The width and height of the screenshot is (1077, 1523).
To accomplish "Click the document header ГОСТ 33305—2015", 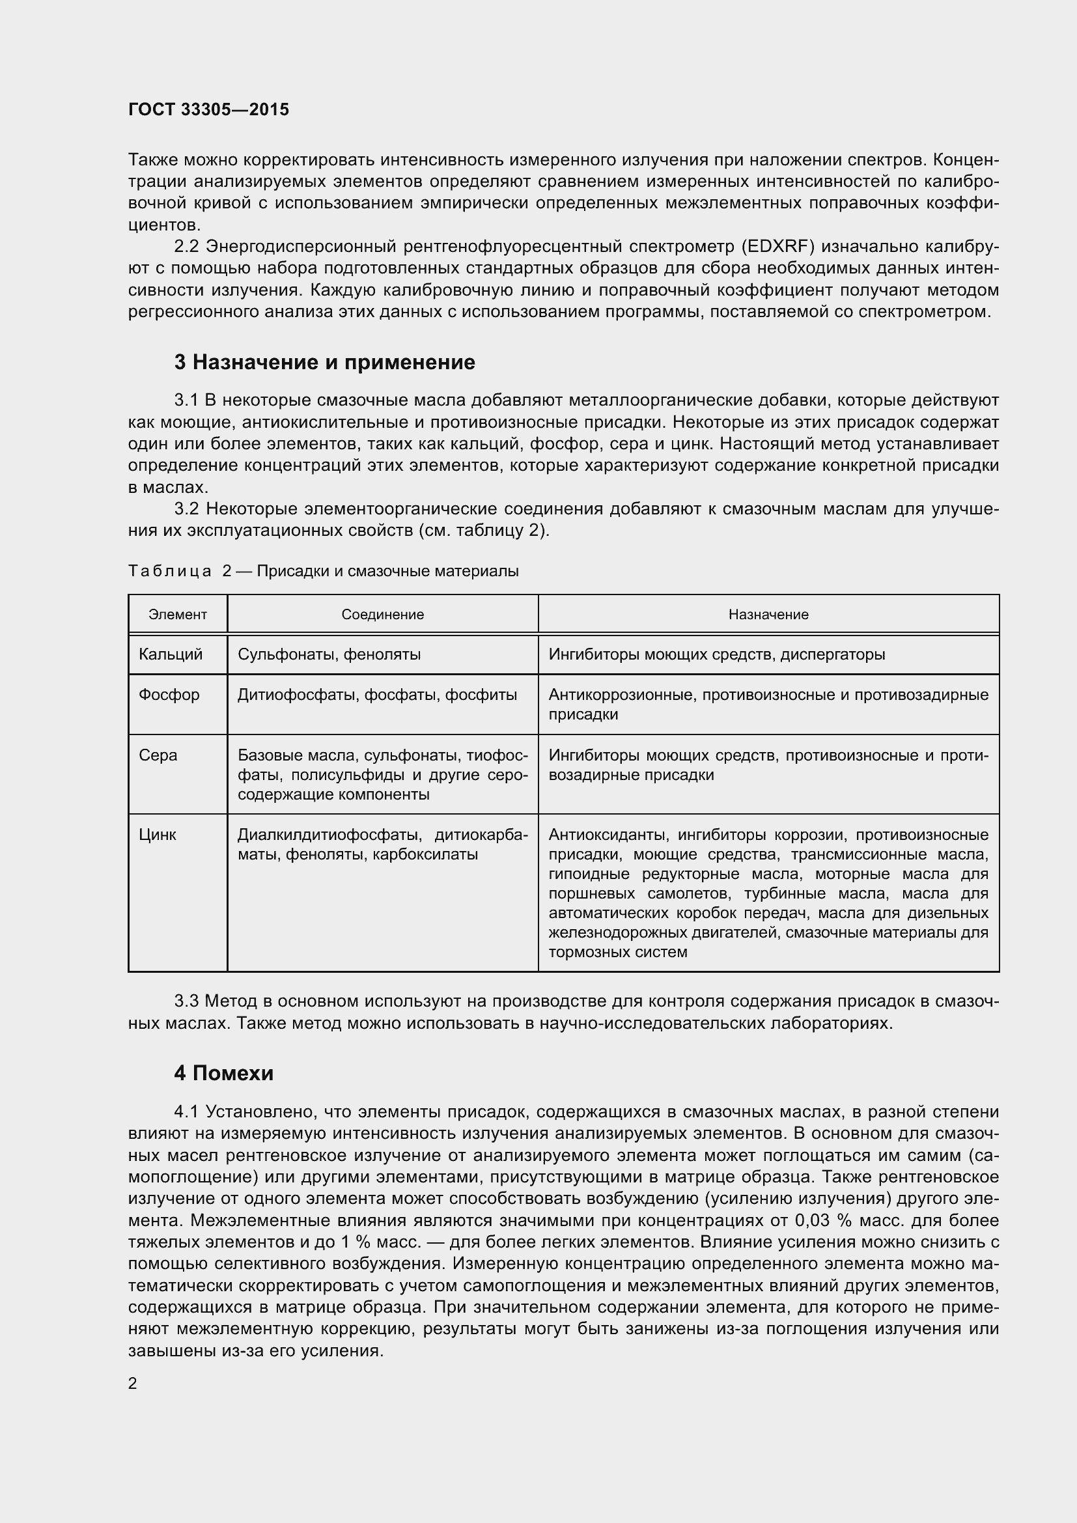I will [208, 109].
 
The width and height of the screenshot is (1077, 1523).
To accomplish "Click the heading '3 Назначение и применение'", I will [324, 362].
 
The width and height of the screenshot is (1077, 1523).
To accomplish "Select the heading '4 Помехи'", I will [223, 1073].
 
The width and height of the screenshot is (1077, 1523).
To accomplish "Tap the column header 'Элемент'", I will [178, 614].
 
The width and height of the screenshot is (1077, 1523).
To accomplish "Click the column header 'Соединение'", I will [383, 614].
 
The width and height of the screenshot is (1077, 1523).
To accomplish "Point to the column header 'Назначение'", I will [768, 614].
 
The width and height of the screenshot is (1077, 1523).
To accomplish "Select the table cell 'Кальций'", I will [171, 654].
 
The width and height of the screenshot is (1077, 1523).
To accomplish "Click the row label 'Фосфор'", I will [169, 695].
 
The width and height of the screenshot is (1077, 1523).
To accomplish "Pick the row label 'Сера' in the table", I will [158, 755].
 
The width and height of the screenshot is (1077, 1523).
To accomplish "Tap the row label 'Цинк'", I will [157, 835].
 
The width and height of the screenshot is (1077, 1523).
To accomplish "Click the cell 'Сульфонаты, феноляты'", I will [329, 654].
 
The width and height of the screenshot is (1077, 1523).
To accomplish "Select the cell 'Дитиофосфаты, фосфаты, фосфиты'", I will [376, 695].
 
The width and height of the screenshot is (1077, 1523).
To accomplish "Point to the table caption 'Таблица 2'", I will [180, 571].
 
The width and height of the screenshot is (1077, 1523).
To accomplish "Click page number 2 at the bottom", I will [133, 1383].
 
